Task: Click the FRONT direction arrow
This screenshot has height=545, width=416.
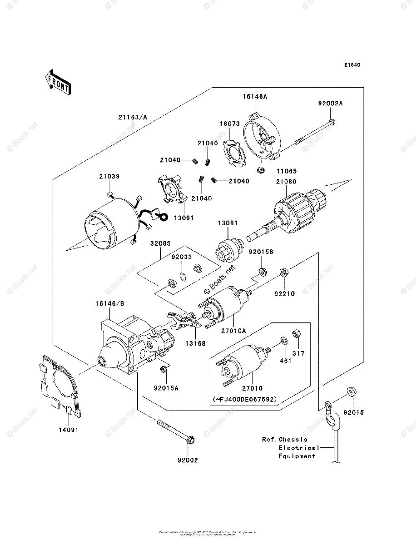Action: [57, 81]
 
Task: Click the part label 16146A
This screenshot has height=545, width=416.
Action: [255, 96]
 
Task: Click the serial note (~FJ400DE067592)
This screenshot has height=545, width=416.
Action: [244, 399]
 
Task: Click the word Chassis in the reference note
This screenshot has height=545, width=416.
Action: [293, 439]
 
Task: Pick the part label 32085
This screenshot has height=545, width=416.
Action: [161, 243]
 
